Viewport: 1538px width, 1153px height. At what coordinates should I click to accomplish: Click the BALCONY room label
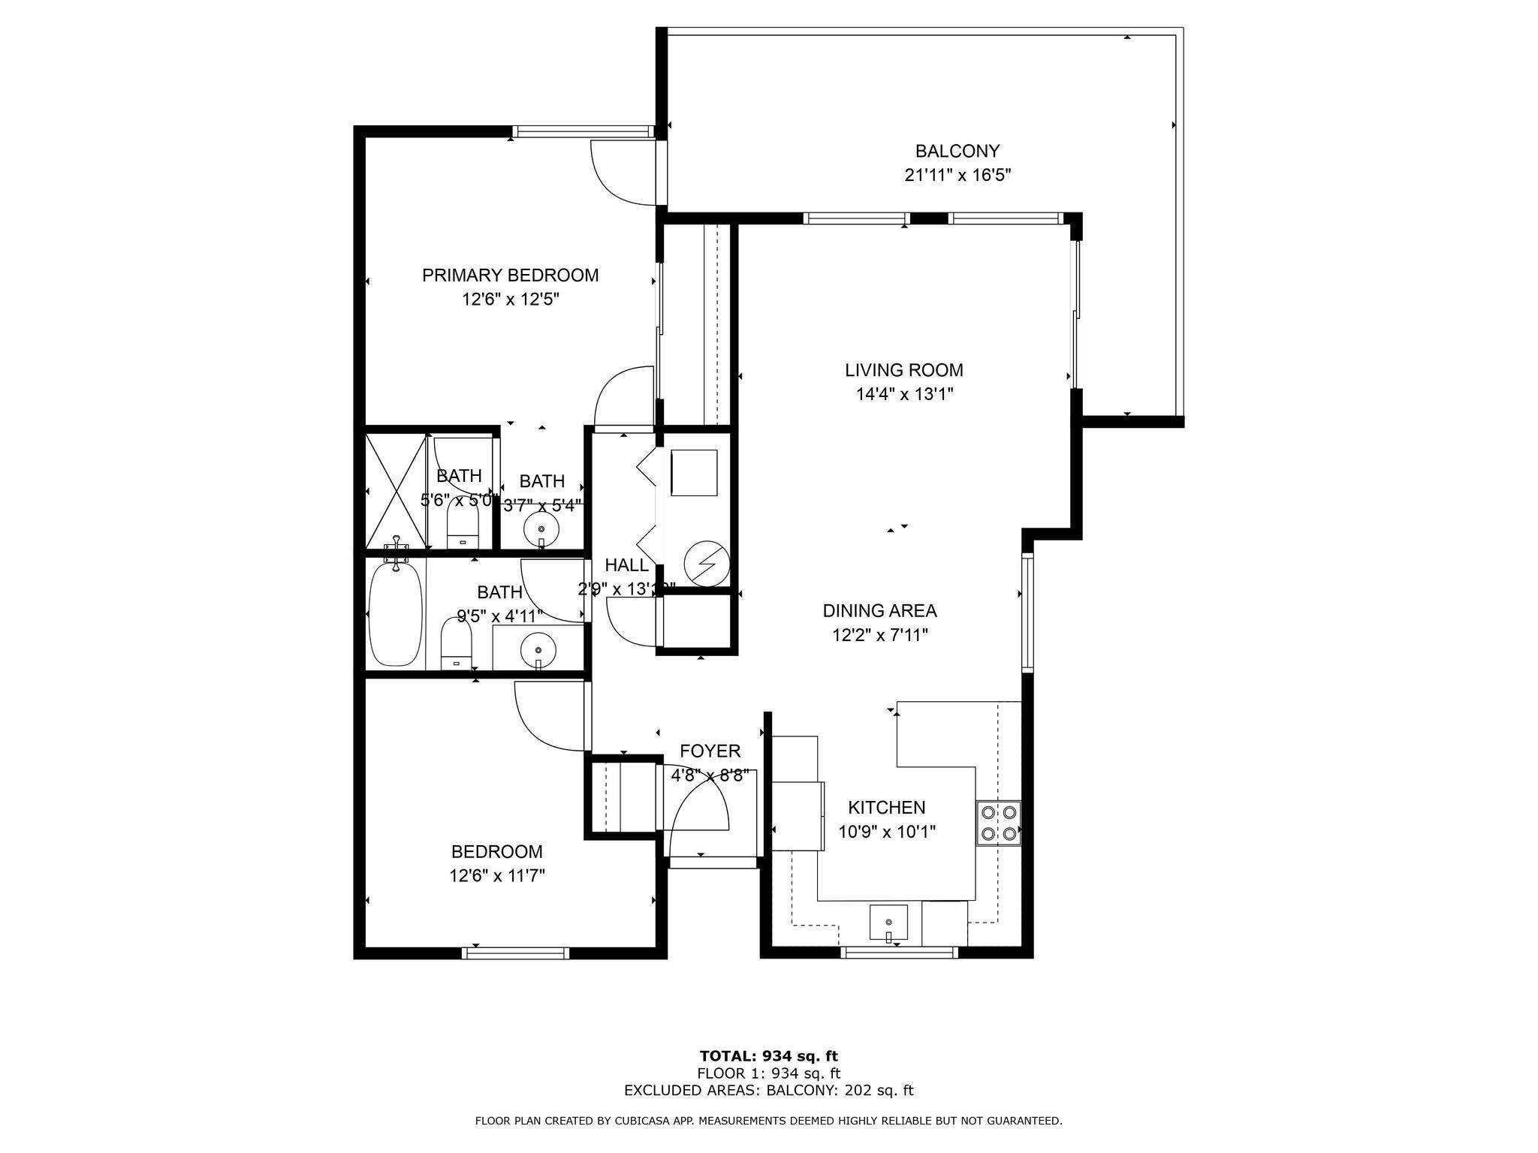(957, 151)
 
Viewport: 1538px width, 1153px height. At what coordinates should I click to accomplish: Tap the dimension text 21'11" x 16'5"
(957, 176)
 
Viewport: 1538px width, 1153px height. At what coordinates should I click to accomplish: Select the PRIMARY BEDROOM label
(510, 275)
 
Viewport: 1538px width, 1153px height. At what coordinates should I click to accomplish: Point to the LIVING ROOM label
(903, 370)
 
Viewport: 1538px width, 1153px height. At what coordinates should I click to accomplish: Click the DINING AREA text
(879, 611)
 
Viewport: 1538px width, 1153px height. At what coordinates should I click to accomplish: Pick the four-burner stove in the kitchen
(998, 823)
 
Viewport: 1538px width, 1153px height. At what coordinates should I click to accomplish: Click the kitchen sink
(888, 923)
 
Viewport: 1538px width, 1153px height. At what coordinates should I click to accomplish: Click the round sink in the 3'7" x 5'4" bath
(541, 530)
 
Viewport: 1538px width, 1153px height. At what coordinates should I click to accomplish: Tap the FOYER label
(710, 751)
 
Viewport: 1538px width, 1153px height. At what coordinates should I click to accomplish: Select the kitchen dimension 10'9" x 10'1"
(887, 832)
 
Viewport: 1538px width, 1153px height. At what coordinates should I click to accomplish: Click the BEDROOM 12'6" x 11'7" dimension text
(497, 875)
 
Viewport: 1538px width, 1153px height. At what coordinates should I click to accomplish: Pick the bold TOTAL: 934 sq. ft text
(768, 1056)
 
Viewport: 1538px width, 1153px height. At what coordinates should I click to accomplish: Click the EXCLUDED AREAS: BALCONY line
(768, 1091)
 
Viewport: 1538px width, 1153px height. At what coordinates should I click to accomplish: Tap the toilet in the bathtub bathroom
(456, 645)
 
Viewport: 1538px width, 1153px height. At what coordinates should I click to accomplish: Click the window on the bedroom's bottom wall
(515, 953)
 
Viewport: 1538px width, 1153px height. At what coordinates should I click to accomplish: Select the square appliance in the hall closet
(694, 473)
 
